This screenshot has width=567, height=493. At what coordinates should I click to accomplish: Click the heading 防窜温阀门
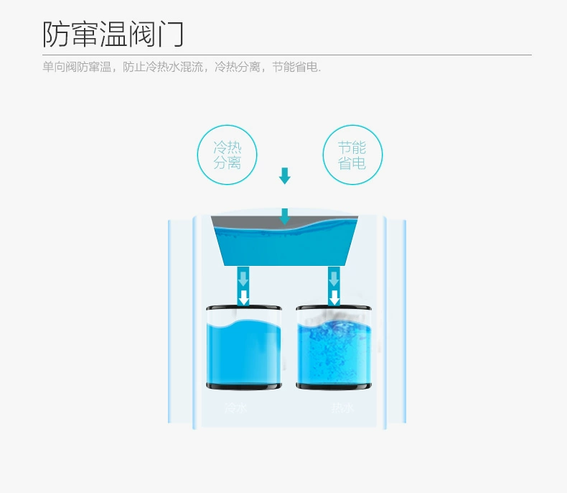[114, 34]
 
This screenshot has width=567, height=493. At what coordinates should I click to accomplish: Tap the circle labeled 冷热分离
[227, 155]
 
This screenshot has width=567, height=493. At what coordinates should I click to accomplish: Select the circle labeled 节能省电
[352, 155]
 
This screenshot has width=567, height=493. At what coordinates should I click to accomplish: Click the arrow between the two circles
[285, 175]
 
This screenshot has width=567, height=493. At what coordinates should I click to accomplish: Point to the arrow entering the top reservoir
[285, 216]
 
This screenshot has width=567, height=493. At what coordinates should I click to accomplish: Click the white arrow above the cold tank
[244, 297]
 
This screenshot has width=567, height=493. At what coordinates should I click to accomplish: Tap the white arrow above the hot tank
[334, 297]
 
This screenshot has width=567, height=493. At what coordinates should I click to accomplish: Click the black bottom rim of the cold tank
[243, 386]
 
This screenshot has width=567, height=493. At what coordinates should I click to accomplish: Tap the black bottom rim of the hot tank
[334, 386]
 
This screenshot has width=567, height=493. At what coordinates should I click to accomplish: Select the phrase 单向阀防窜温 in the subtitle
[77, 68]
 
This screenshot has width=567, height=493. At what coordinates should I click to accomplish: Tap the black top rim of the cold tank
[243, 309]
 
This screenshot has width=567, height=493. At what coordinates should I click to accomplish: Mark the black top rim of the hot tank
[334, 309]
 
